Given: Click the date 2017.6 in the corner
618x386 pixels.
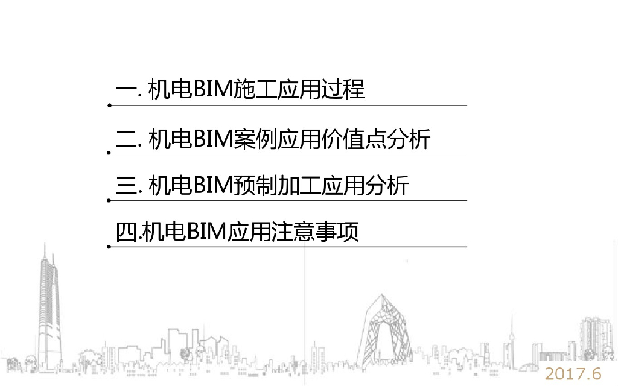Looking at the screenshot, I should [574, 373].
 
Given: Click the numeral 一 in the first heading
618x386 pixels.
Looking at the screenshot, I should [127, 91].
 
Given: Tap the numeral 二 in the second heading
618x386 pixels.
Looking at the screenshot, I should [127, 139].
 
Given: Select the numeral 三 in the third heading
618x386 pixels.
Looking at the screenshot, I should [127, 185].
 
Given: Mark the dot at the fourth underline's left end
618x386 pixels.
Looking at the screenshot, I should [109, 247].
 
